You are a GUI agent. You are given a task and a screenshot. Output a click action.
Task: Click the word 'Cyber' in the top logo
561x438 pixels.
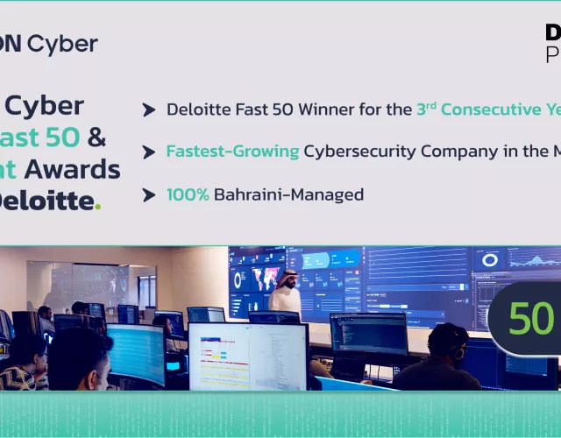coord(62,44)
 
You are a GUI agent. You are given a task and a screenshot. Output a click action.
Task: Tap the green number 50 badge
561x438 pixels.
coord(531,319)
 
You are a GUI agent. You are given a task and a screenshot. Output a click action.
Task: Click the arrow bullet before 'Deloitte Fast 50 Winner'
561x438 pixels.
coord(149,109)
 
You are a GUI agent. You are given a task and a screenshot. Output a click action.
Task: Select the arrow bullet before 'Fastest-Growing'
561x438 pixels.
coord(149,152)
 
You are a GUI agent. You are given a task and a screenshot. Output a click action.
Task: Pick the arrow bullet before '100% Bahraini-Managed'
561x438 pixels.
coord(149,194)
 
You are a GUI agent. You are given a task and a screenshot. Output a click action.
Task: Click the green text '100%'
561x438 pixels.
coord(188,194)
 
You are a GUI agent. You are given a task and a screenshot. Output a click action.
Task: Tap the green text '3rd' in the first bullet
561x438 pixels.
coord(426,109)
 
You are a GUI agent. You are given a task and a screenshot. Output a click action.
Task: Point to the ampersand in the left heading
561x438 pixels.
coord(97,138)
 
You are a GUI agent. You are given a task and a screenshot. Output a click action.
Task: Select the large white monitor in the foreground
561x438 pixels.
coord(248,356)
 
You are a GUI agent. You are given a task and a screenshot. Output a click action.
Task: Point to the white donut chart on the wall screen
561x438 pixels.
coord(489,260)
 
